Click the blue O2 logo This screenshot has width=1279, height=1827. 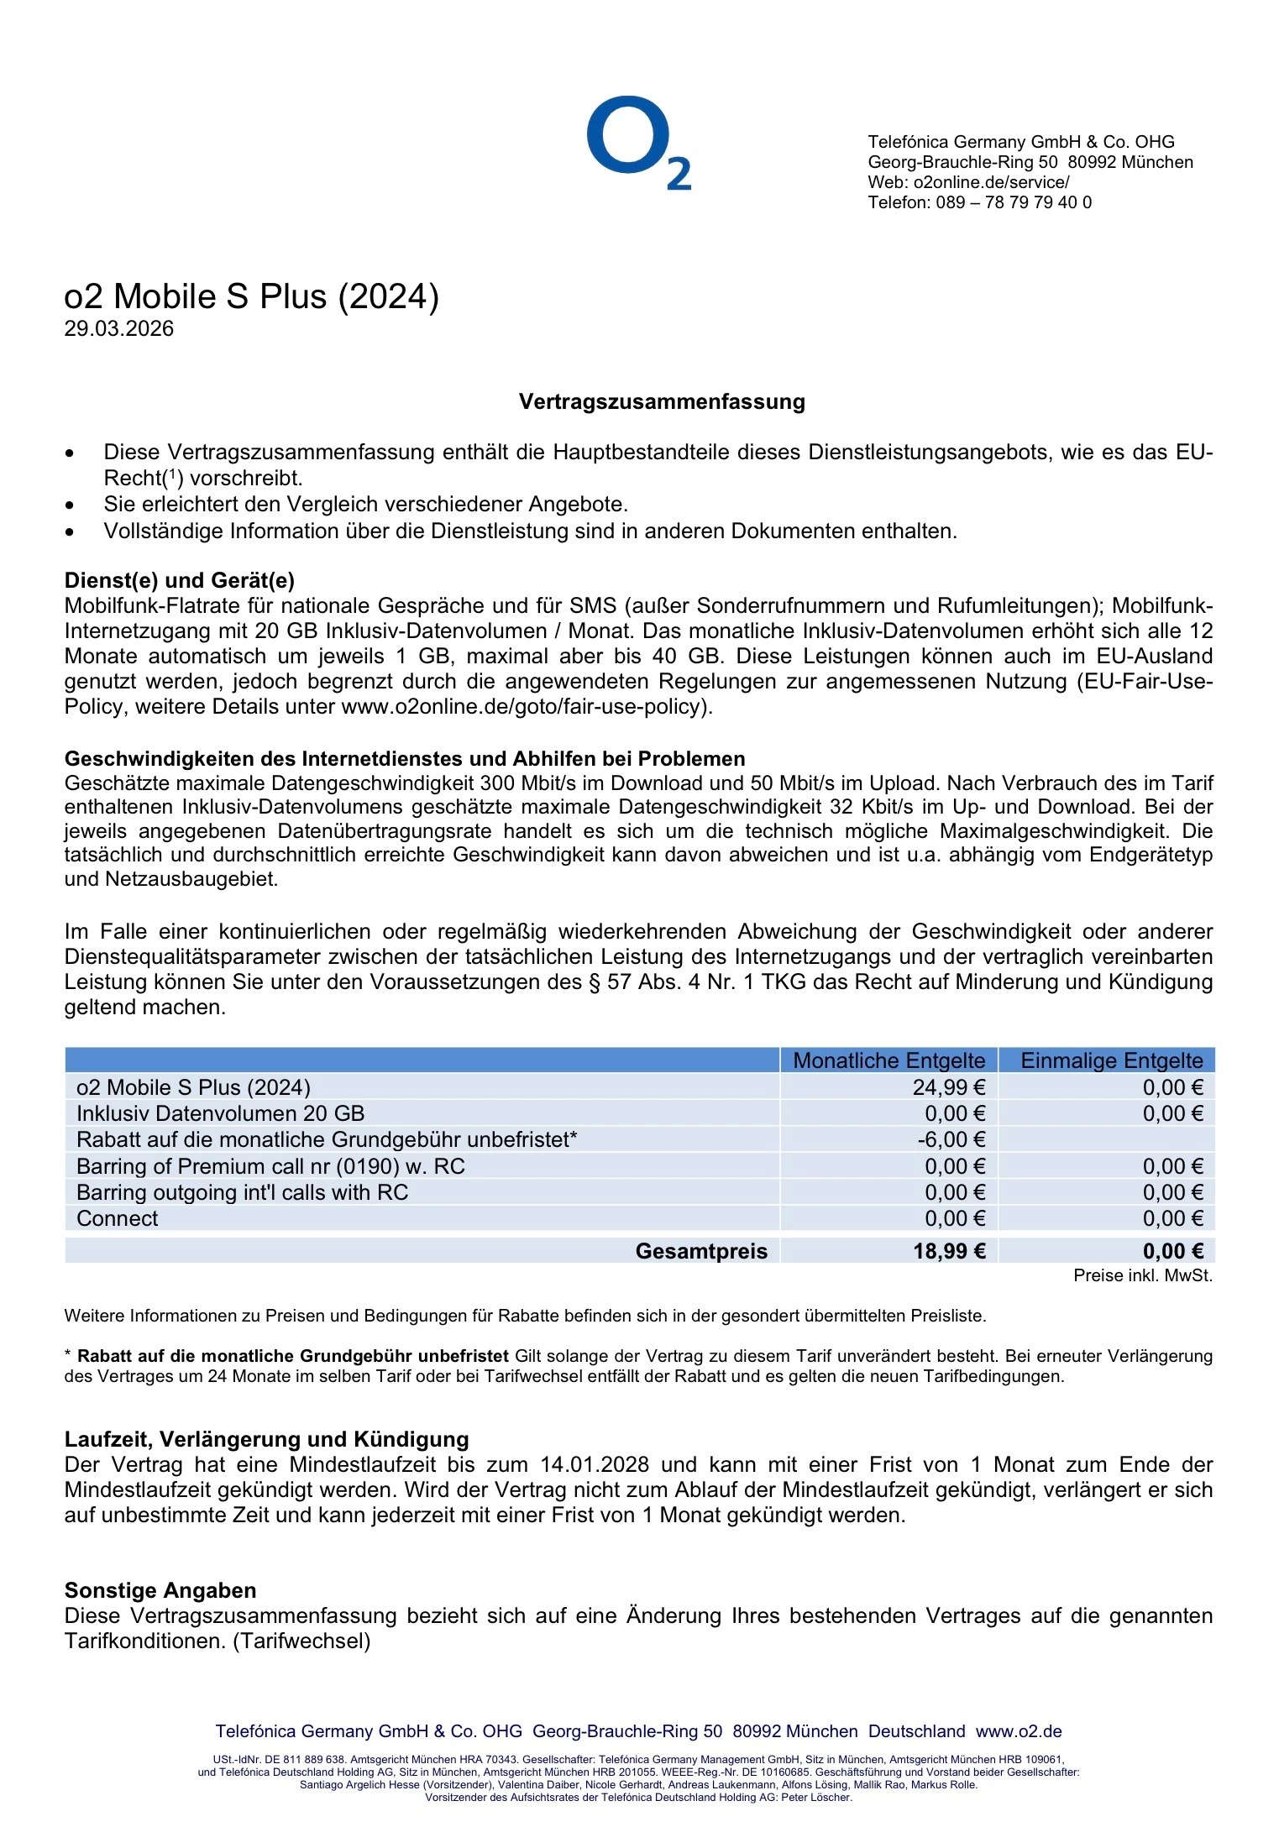click(638, 143)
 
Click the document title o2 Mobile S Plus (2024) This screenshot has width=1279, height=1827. click(251, 296)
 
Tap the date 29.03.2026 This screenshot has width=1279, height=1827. click(118, 328)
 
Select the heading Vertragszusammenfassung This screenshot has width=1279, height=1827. click(662, 401)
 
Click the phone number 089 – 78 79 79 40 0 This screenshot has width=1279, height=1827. click(1014, 202)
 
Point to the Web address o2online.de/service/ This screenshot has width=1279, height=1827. click(991, 182)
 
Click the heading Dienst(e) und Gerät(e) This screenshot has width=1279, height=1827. click(179, 580)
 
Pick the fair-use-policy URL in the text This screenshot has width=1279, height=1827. click(525, 706)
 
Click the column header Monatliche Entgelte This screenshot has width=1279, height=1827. click(888, 1060)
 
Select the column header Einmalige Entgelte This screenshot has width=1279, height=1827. click(1111, 1060)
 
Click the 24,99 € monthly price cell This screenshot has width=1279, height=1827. click(949, 1087)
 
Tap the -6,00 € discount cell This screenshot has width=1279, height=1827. click(951, 1139)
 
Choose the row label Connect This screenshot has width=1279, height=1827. click(117, 1218)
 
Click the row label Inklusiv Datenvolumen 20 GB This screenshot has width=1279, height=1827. click(220, 1113)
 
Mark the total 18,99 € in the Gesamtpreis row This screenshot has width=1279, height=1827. click(949, 1251)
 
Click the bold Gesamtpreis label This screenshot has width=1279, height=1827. click(701, 1251)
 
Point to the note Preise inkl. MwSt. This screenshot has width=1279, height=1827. click(1142, 1275)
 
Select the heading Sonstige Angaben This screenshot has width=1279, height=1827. click(160, 1590)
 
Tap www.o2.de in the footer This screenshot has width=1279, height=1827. click(1019, 1731)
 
